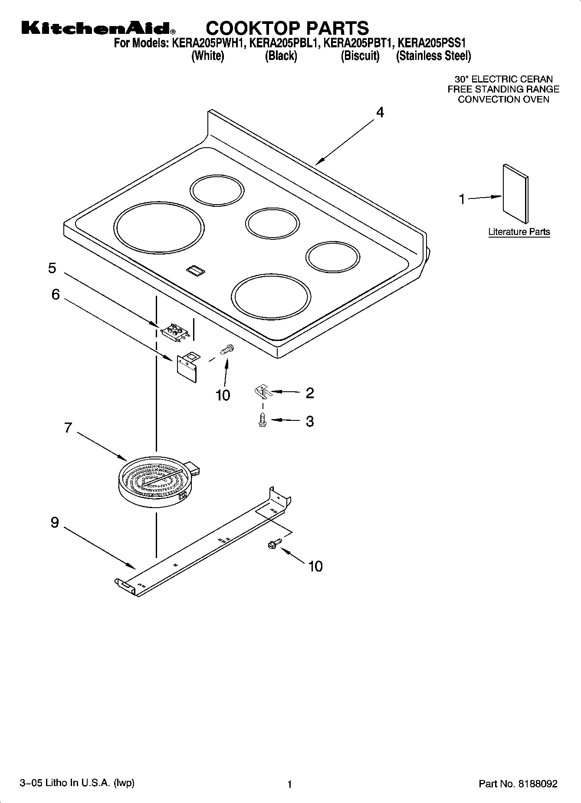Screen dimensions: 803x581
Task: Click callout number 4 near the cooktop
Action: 380,112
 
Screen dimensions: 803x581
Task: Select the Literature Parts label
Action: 519,232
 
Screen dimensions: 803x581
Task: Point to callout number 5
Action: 52,268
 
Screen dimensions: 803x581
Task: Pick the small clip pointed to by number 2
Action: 262,391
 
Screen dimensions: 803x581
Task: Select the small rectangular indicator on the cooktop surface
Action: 195,271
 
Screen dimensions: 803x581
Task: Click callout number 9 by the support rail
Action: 55,522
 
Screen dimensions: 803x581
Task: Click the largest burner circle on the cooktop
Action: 159,228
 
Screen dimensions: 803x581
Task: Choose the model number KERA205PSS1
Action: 432,43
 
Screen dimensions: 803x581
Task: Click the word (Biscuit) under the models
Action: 360,56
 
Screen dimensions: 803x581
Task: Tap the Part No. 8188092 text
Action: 518,784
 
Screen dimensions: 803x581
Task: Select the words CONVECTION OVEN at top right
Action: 503,99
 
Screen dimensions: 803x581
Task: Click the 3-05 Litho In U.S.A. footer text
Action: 77,783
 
